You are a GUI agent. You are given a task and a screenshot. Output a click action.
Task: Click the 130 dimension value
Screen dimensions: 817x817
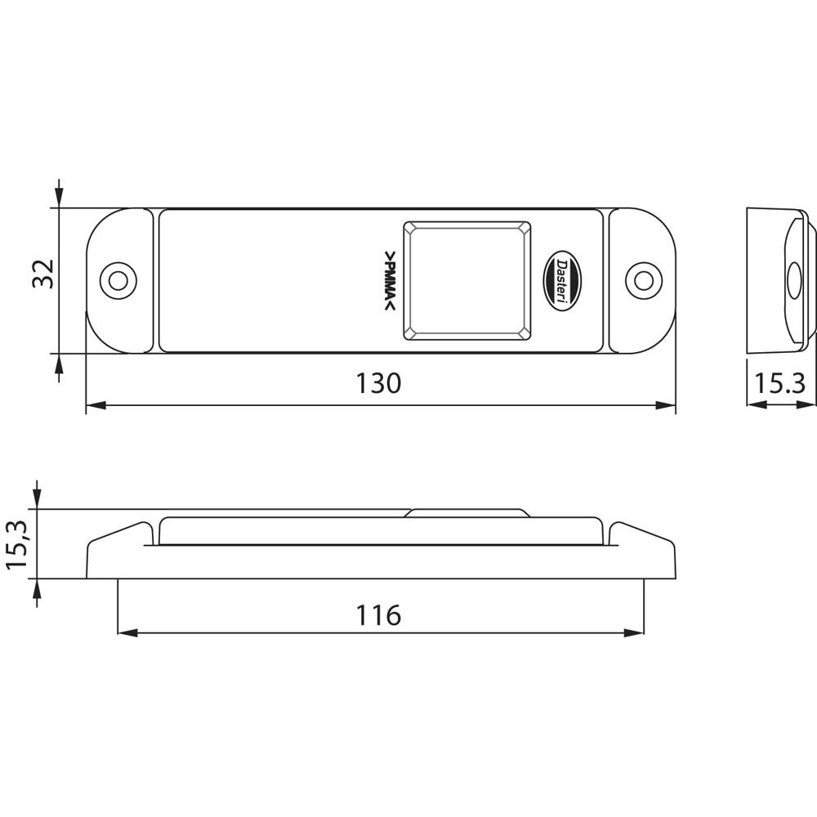pyautogui.click(x=379, y=383)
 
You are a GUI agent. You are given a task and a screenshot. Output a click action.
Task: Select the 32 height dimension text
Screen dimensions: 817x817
pyautogui.click(x=42, y=273)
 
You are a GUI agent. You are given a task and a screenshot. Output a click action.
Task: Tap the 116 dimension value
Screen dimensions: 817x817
pyautogui.click(x=379, y=614)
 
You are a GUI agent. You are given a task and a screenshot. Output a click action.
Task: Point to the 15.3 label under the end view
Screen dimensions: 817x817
pyautogui.click(x=779, y=383)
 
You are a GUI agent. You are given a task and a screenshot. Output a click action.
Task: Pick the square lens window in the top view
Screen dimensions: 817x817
pyautogui.click(x=468, y=279)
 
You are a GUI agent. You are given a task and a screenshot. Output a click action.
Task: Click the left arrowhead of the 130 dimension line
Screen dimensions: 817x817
pyautogui.click(x=92, y=404)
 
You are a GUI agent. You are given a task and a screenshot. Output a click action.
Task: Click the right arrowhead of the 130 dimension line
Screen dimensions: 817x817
pyautogui.click(x=669, y=404)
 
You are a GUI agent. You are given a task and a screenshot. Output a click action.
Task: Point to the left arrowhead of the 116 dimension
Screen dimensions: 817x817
pyautogui.click(x=125, y=632)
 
